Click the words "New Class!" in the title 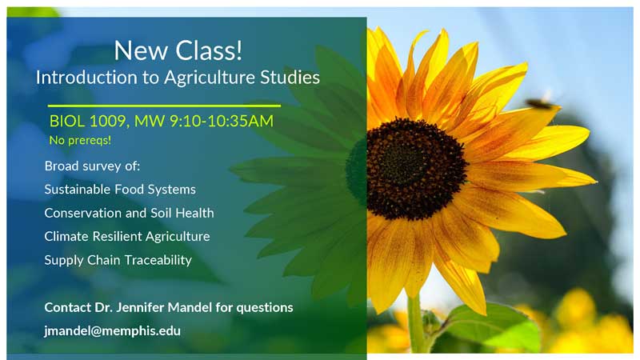[x=178, y=50]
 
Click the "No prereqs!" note [x=80, y=140]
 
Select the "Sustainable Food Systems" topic [x=120, y=190]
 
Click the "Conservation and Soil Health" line [x=129, y=214]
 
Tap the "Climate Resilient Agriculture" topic [x=127, y=237]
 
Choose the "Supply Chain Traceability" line [x=118, y=260]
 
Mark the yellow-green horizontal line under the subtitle [x=164, y=106]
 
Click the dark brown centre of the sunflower [x=416, y=169]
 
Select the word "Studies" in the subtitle [x=291, y=78]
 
